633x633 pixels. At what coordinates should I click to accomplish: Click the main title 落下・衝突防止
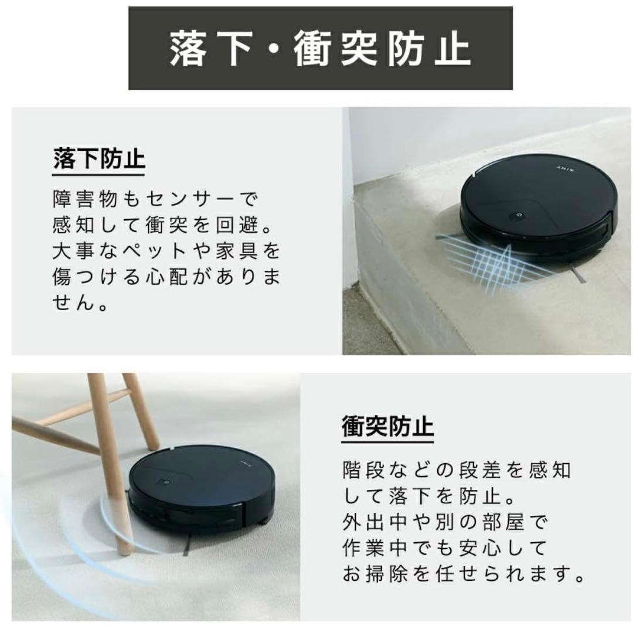pyautogui.click(x=320, y=49)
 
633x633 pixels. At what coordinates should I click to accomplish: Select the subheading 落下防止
pyautogui.click(x=99, y=159)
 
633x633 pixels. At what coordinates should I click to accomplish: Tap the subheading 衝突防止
pyautogui.click(x=387, y=426)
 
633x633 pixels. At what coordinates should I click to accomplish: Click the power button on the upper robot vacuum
pyautogui.click(x=517, y=216)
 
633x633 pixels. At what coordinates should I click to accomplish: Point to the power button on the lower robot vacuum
pyautogui.click(x=164, y=482)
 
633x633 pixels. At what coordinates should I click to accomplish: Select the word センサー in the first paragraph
pyautogui.click(x=190, y=199)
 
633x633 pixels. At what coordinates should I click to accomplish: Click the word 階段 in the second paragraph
pyautogui.click(x=365, y=470)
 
